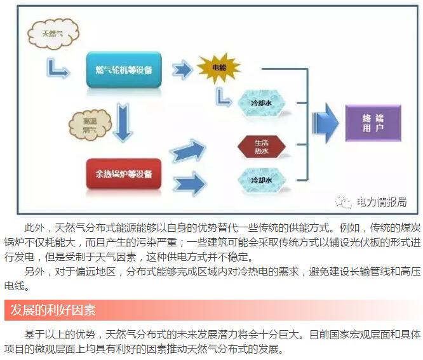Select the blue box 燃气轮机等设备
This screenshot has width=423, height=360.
click(x=124, y=69)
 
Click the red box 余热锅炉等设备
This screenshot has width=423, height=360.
click(x=124, y=172)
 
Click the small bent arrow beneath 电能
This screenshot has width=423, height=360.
click(x=223, y=97)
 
